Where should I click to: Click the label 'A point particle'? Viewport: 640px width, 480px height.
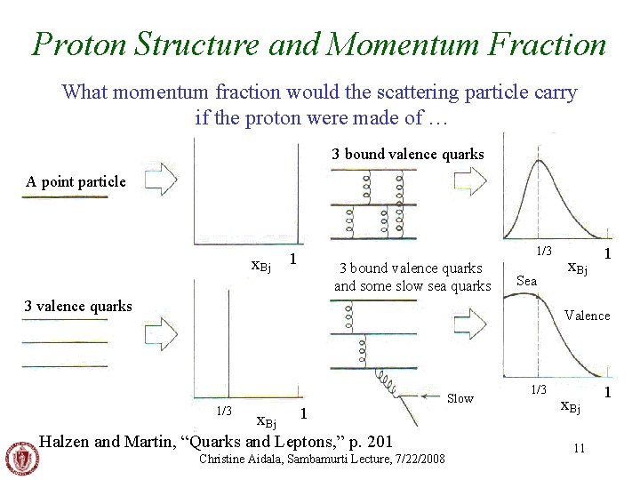76,182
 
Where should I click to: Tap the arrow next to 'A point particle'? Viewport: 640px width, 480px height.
161,181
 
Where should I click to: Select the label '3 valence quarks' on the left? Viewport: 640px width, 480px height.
78,307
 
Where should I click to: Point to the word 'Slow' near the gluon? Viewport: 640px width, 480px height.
460,398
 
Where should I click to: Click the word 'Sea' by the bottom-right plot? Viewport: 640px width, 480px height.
527,281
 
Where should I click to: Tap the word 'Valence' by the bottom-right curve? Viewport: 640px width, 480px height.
587,316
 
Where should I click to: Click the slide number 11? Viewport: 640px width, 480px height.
579,448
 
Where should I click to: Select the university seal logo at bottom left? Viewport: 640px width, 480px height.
22,459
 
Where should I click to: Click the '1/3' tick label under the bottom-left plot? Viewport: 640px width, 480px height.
225,410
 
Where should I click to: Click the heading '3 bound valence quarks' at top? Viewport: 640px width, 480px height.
408,155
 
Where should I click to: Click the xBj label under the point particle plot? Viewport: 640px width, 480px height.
261,263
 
